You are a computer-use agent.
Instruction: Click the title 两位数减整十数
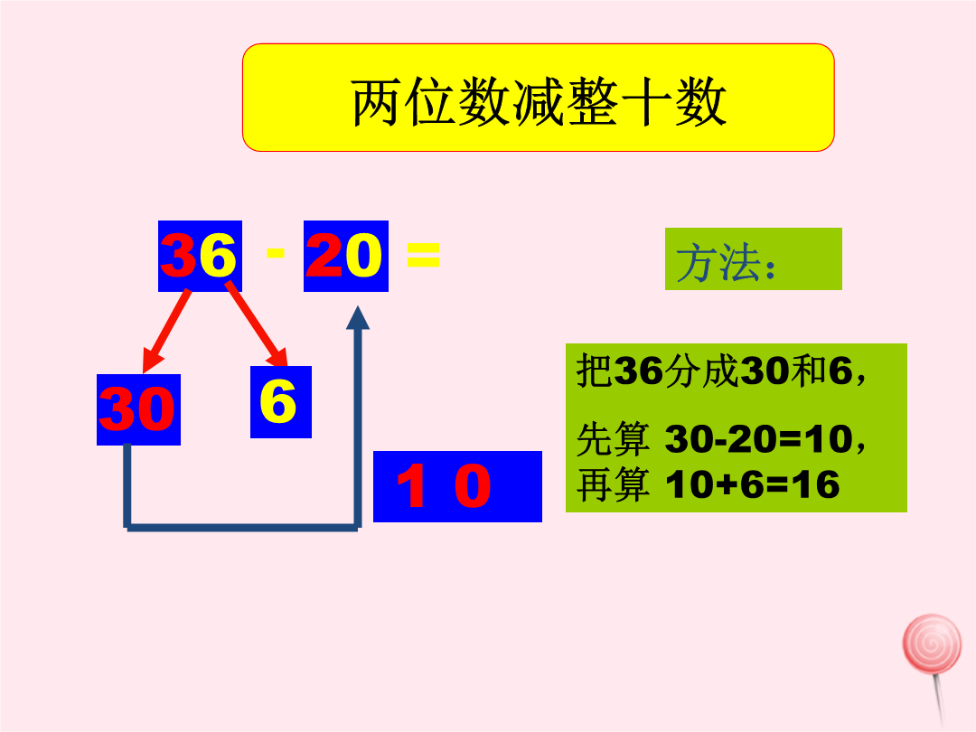coord(539,102)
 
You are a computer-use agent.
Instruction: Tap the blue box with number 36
coord(200,256)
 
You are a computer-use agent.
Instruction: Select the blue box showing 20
coord(346,256)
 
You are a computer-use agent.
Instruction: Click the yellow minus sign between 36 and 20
coord(276,254)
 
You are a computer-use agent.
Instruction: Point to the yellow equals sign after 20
coord(423,256)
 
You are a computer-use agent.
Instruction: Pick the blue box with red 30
coord(138,409)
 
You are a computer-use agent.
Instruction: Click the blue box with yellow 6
coord(280,401)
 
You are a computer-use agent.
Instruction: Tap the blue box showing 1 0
coord(457,486)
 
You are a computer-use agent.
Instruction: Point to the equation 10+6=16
coord(752,485)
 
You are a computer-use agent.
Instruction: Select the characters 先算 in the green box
coord(614,441)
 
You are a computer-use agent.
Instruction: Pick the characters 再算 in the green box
coord(614,486)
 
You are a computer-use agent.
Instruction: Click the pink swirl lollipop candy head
coord(932,643)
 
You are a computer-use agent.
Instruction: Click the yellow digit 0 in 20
coord(364,256)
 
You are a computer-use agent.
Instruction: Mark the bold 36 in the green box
coord(638,371)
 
